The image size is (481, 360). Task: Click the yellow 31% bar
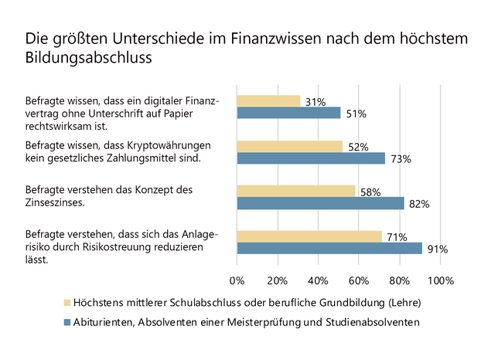click(268, 100)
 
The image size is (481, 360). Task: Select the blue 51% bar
click(288, 113)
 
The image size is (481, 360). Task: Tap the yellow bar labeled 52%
click(290, 146)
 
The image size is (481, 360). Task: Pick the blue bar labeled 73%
click(311, 158)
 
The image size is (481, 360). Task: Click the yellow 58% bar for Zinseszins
click(296, 191)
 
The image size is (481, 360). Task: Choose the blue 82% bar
click(320, 203)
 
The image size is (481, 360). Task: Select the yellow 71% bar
click(309, 236)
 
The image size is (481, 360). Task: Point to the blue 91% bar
click(329, 249)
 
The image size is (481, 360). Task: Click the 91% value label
click(438, 250)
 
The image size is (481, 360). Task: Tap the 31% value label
click(316, 102)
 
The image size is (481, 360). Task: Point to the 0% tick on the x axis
click(237, 279)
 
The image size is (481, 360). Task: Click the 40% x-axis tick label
click(319, 279)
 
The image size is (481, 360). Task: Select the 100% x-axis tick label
click(441, 279)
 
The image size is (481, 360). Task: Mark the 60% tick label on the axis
click(359, 279)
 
